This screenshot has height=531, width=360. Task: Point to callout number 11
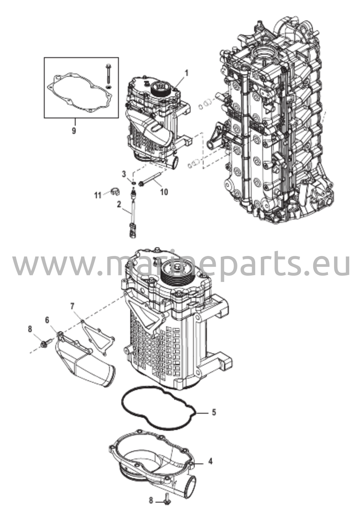click(97, 195)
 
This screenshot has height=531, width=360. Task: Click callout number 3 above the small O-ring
click(124, 174)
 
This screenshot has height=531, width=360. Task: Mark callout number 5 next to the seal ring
click(214, 412)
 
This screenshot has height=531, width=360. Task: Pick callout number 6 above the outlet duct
click(47, 320)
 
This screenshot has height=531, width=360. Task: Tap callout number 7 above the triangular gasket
click(72, 306)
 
